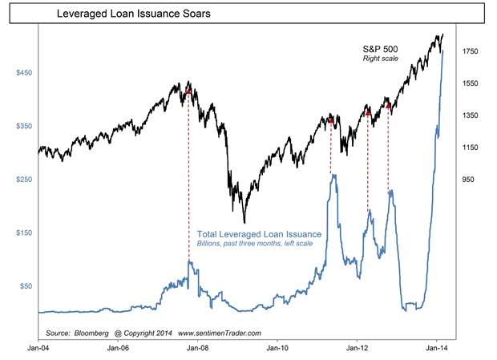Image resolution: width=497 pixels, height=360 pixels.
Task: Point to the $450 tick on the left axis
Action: tap(25, 73)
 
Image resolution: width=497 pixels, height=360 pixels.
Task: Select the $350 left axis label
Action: tap(25, 127)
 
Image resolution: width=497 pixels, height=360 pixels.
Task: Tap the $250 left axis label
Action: tap(25, 180)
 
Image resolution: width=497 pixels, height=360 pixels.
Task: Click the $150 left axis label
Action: tap(25, 233)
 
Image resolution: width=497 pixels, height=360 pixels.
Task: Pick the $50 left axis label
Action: tap(26, 285)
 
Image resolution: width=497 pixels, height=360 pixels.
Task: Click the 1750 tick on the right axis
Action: tap(469, 51)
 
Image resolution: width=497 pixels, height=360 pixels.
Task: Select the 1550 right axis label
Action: tap(469, 83)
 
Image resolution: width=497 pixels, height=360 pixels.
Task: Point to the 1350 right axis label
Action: tap(469, 115)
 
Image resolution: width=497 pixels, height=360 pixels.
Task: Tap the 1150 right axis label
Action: tap(469, 148)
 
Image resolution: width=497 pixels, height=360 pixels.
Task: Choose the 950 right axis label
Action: tap(467, 180)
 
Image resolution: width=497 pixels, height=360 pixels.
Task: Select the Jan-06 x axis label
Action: tap(118, 349)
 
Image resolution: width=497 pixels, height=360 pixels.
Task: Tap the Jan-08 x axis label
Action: tap(197, 349)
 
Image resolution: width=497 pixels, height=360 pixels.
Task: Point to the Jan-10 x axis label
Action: tap(277, 349)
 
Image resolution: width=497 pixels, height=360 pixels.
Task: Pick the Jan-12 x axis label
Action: tap(357, 349)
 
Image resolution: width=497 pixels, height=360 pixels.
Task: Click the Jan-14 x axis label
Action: tap(436, 349)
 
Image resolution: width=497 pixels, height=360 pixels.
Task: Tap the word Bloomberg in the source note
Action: tap(94, 331)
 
